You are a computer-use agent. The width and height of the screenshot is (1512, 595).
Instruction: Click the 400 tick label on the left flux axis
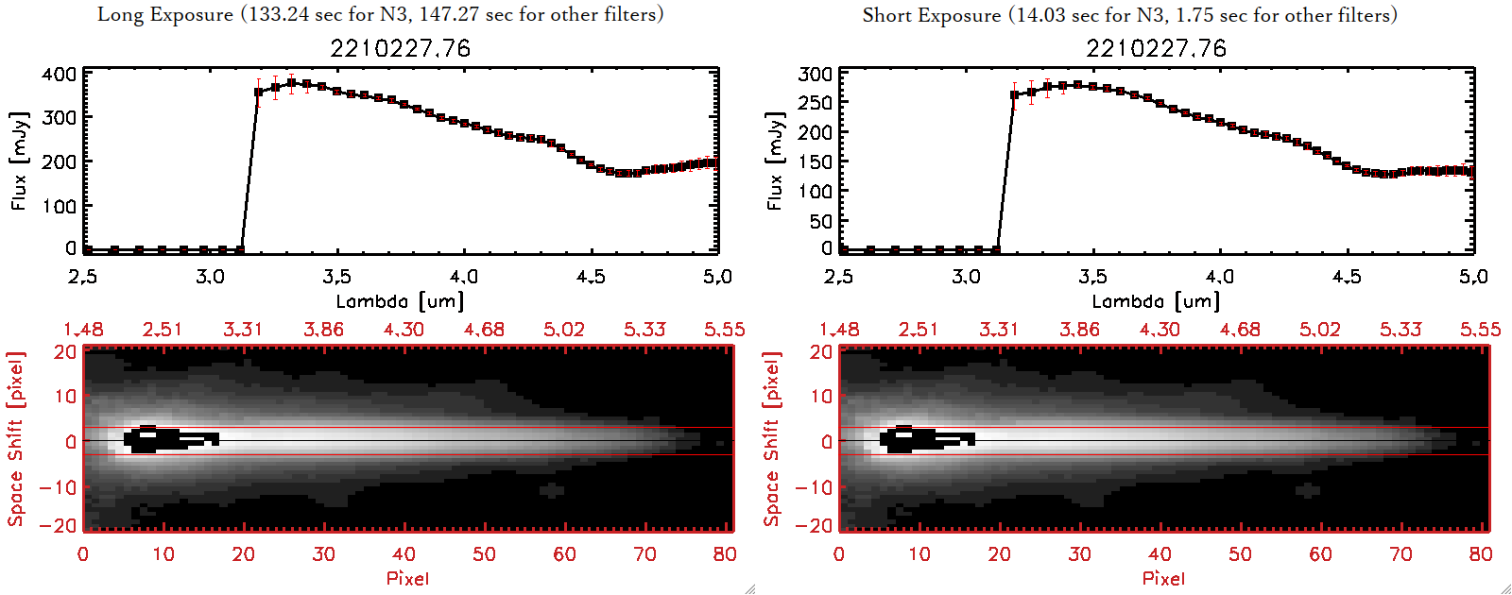pos(59,74)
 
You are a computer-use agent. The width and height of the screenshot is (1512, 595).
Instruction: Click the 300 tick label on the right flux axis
pos(815,74)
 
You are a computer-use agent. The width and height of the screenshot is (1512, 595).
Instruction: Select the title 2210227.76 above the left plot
pos(400,48)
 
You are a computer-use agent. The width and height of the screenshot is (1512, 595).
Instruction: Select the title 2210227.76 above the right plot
pos(1156,48)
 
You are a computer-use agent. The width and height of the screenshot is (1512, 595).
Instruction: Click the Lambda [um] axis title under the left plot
pos(400,301)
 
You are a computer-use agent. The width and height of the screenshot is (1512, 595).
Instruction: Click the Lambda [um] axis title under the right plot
pos(1156,301)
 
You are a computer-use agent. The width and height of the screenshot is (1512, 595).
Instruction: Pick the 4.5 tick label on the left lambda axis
pos(591,277)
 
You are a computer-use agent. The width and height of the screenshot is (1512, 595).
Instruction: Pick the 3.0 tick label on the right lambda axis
pos(966,277)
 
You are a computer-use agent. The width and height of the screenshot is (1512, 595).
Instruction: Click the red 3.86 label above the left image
pos(323,330)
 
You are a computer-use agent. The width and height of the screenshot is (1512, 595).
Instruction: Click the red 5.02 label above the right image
pos(1319,330)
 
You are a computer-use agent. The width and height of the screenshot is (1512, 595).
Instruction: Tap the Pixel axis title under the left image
pos(407,578)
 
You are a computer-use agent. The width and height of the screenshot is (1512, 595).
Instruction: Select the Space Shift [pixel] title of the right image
pos(772,439)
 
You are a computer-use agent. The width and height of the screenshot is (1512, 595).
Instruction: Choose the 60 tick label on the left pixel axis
pos(564,554)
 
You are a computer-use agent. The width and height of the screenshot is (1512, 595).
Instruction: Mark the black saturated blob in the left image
pos(161,439)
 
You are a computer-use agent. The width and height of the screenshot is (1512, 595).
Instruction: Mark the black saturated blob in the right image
pos(917,439)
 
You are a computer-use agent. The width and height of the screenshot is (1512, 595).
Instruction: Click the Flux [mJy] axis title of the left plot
pos(20,161)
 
